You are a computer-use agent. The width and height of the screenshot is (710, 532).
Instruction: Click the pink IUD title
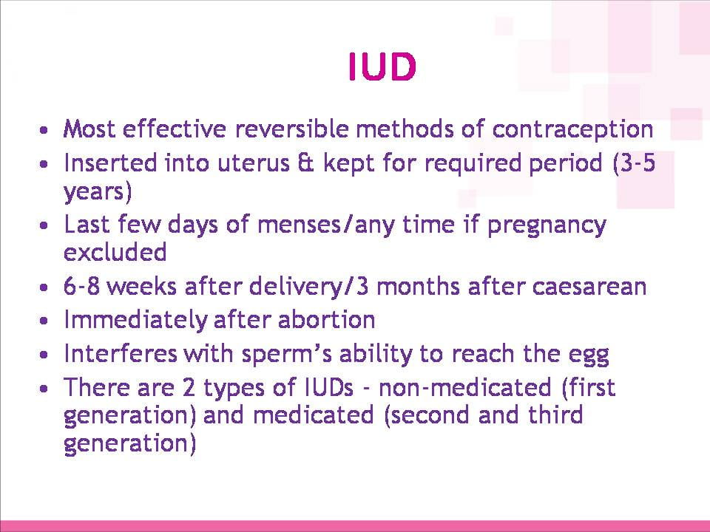382,67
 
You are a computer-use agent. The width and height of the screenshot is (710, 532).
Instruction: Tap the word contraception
572,129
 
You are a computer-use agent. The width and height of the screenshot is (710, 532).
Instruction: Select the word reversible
291,129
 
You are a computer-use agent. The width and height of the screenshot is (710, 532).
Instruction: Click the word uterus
254,163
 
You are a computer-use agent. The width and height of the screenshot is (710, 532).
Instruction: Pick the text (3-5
634,163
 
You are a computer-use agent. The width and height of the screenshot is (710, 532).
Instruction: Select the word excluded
115,252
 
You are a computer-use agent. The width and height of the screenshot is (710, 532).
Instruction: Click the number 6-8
81,287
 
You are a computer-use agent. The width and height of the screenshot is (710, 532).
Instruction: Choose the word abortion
326,319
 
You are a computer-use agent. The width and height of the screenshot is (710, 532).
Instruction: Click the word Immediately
135,320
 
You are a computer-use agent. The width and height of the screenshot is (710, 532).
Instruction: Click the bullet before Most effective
44,131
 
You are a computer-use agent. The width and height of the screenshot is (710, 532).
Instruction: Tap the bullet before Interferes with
44,355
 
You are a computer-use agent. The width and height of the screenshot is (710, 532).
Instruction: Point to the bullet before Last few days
44,226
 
